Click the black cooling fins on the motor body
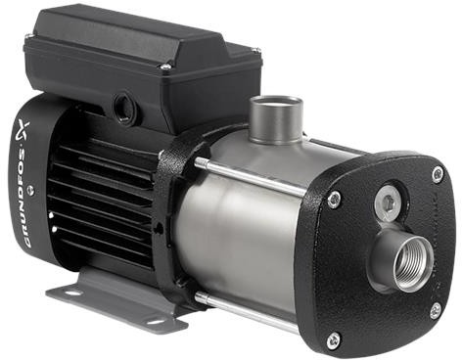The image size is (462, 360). pyautogui.click(x=108, y=196)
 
